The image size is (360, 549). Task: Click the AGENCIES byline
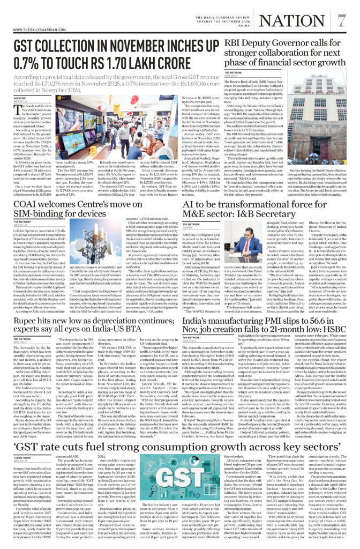pos(19,99)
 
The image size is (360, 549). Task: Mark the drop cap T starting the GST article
pos(17,110)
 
